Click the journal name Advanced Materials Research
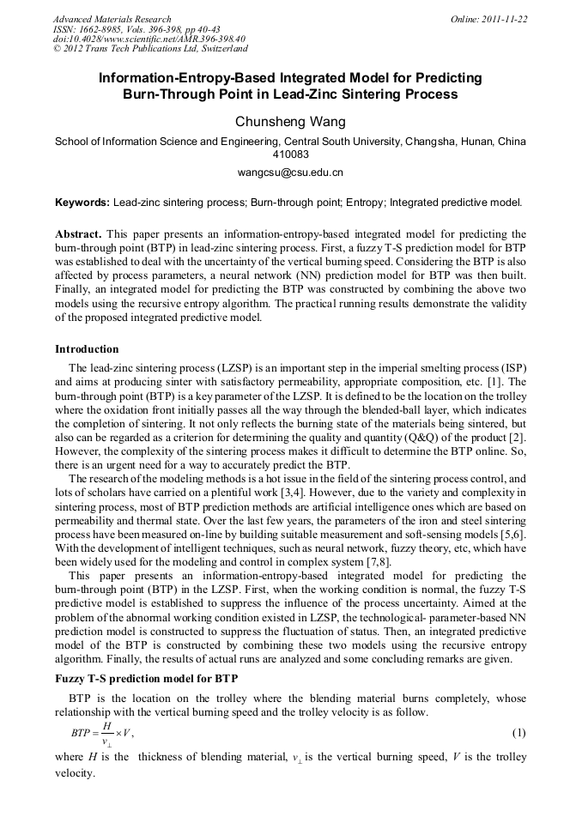point(112,19)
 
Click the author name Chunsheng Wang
point(290,122)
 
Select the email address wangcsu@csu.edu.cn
point(290,172)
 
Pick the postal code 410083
point(290,155)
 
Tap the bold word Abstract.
point(79,233)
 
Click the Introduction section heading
point(87,349)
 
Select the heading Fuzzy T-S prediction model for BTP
point(147,679)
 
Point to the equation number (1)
point(518,733)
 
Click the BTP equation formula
point(101,733)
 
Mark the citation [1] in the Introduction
point(494,380)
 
